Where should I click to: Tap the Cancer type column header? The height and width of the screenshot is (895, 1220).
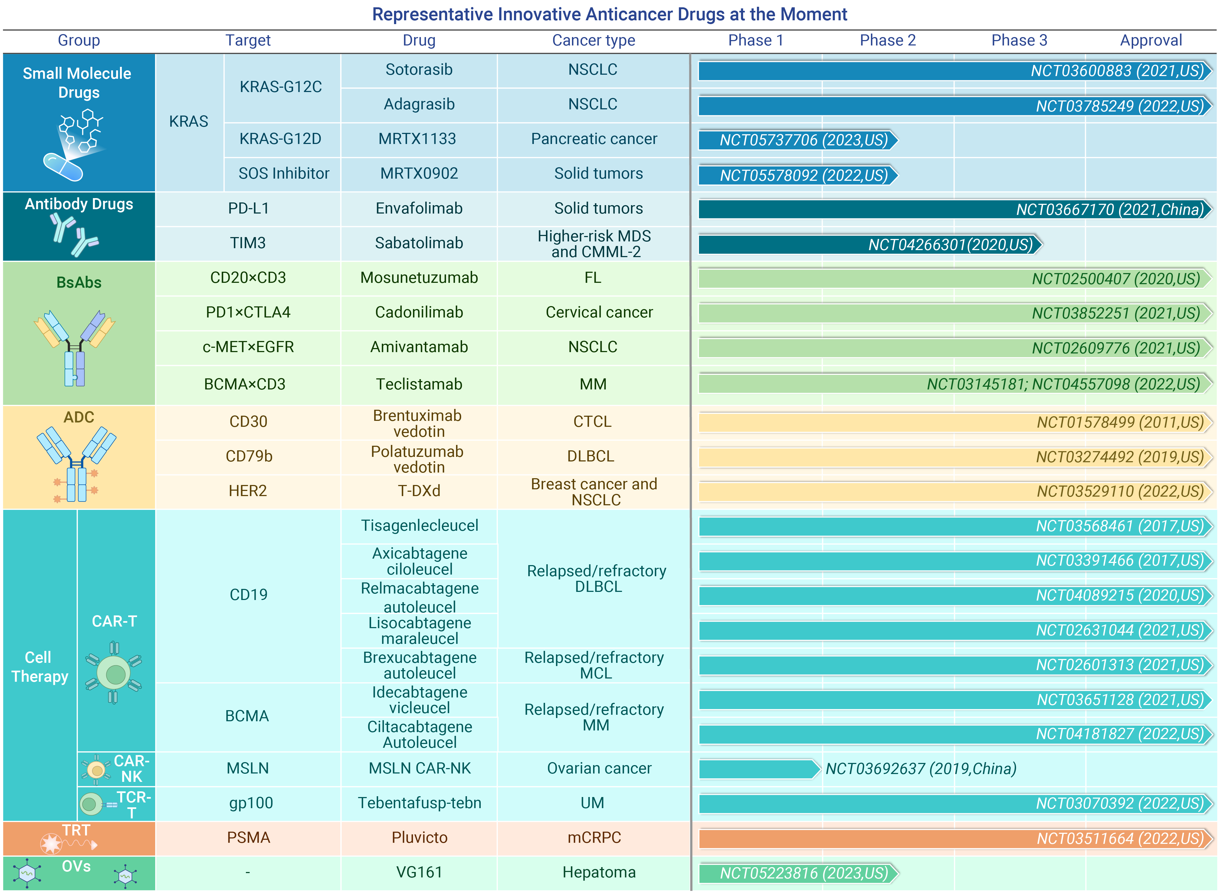593,40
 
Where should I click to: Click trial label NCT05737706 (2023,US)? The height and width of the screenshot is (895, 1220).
804,140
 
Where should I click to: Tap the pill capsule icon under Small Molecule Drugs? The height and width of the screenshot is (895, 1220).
63,167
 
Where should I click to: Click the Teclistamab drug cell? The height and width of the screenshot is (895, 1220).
419,384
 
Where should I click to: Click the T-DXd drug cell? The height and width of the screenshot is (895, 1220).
419,491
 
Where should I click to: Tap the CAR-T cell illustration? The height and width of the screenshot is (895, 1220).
114,673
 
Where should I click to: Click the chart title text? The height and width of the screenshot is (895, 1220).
610,14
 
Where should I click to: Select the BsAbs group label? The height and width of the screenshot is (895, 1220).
79,282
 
